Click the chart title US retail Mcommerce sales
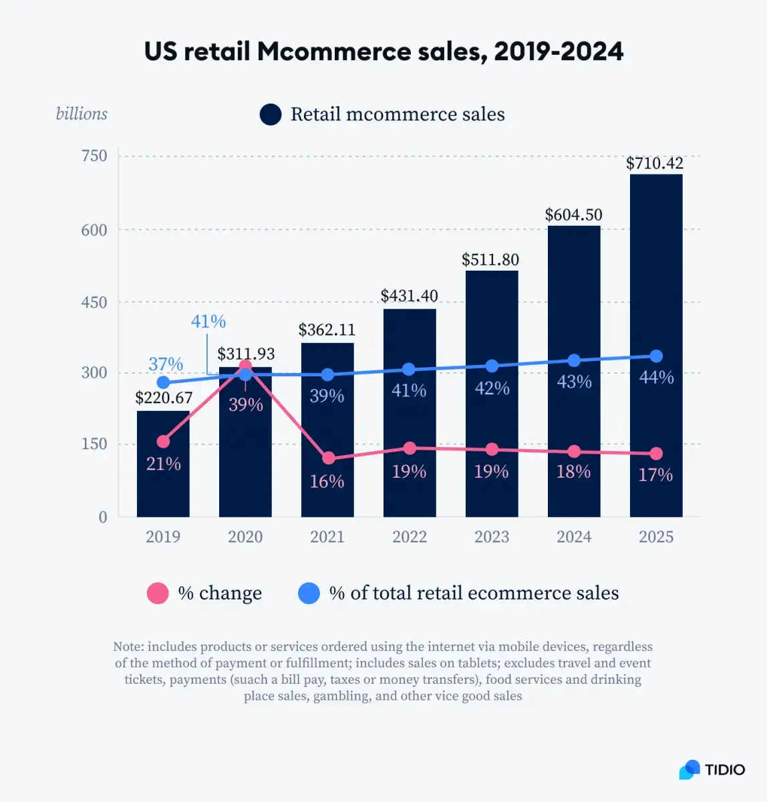tap(383, 51)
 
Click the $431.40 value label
tap(409, 295)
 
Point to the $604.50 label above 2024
tap(573, 215)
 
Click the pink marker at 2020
tap(245, 366)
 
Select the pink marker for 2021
tap(327, 458)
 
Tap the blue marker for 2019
tap(163, 382)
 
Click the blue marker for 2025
tap(655, 356)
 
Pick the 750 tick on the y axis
tap(94, 156)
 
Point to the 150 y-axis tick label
tap(94, 444)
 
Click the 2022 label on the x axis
tap(409, 537)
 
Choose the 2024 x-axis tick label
tap(573, 537)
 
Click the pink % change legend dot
tap(158, 593)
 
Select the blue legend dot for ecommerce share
tap(309, 593)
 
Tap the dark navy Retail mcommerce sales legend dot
tap(271, 114)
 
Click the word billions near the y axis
tap(82, 114)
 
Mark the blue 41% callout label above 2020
tap(208, 321)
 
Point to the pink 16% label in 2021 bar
tap(327, 481)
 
